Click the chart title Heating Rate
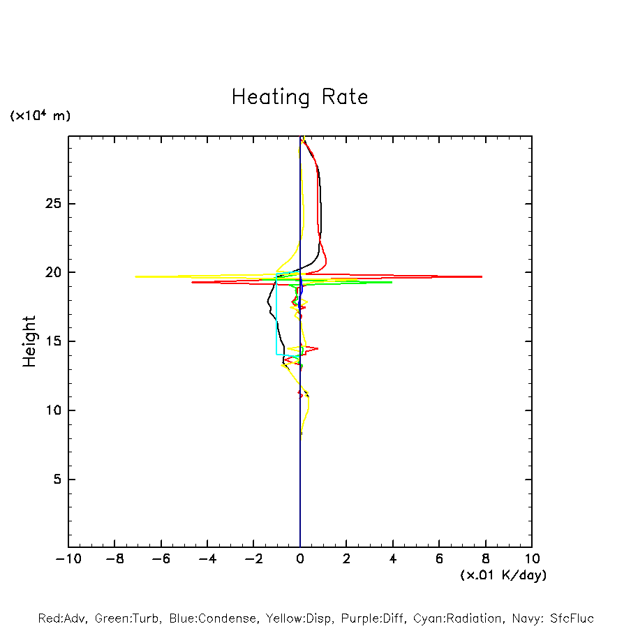pyautogui.click(x=299, y=97)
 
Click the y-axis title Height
pyautogui.click(x=29, y=341)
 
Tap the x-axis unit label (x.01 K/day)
pyautogui.click(x=503, y=575)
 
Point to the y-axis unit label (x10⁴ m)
pyautogui.click(x=40, y=116)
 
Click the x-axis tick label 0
pyautogui.click(x=300, y=559)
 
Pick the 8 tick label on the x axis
pyautogui.click(x=485, y=559)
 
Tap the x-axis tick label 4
pyautogui.click(x=393, y=559)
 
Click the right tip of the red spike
pyautogui.click(x=482, y=276)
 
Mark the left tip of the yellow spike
pyautogui.click(x=136, y=276)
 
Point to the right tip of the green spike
pyautogui.click(x=392, y=282)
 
